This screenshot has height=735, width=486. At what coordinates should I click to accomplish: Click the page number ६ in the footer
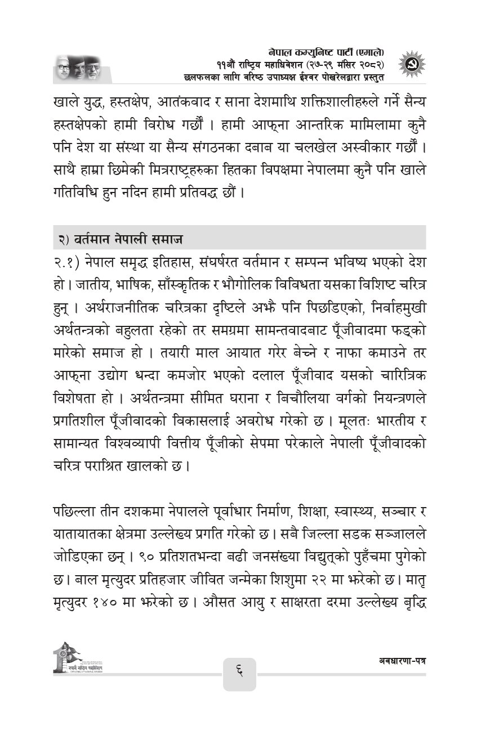pos(239,672)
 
